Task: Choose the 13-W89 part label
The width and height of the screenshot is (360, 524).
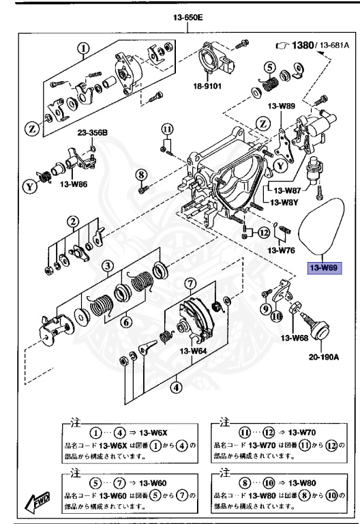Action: (x=281, y=106)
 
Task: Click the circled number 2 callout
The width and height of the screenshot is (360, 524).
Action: (x=71, y=221)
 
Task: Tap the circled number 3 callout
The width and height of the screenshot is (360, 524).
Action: (x=107, y=266)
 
